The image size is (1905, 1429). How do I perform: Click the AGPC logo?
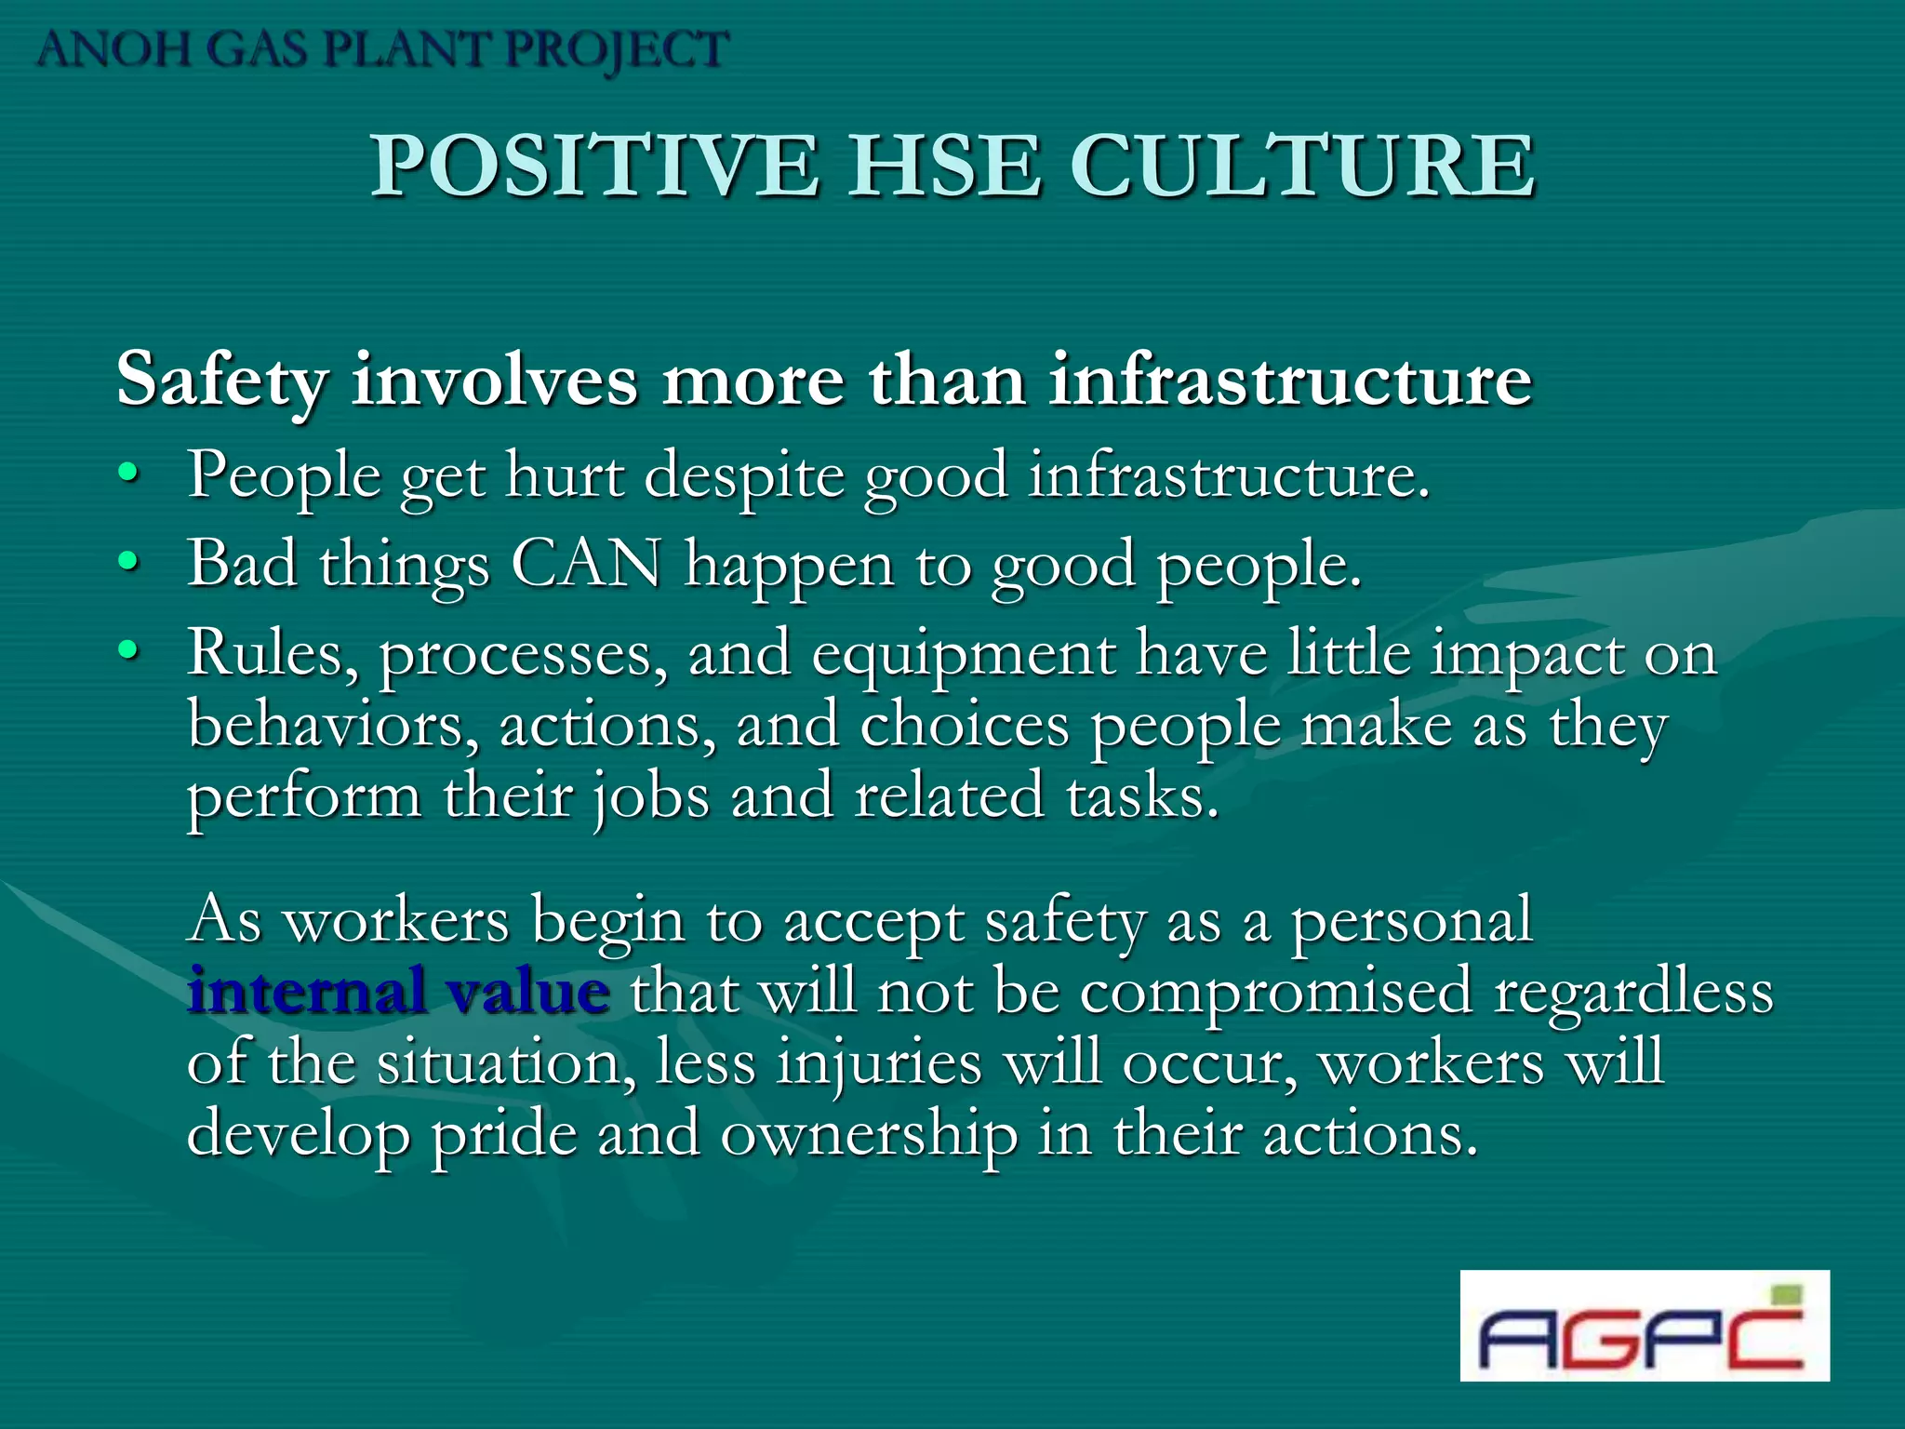(x=1644, y=1325)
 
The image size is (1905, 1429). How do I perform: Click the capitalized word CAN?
(x=586, y=563)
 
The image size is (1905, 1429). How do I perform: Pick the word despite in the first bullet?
(x=743, y=476)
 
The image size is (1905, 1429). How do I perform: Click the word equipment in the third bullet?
(x=964, y=655)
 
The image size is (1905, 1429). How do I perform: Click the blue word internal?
(x=305, y=991)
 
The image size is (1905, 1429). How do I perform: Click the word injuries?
(x=878, y=1063)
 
